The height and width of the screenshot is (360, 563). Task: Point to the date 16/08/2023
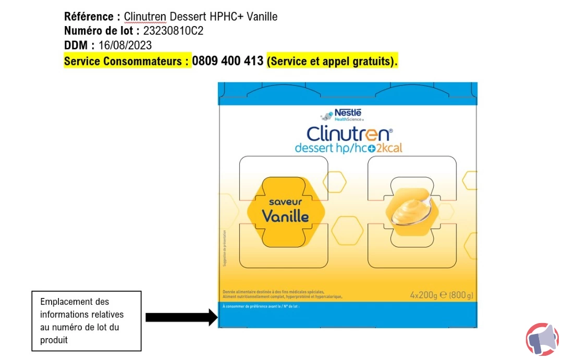point(125,46)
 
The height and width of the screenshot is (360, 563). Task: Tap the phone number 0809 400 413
point(227,61)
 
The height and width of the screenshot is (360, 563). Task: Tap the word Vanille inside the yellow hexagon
point(285,216)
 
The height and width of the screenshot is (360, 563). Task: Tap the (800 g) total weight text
point(461,295)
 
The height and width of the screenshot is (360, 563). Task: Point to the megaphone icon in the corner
point(542,339)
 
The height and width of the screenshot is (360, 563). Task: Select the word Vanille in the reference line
point(262,17)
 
